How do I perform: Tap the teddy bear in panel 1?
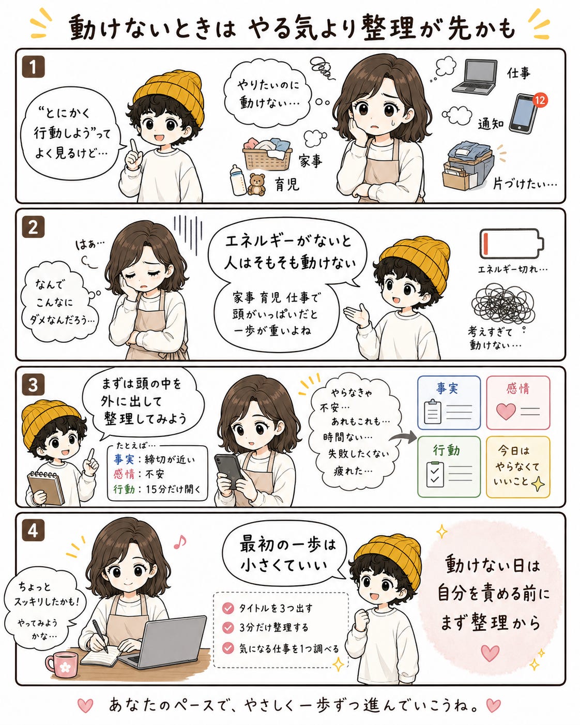pyautogui.click(x=256, y=185)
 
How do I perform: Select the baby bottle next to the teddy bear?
pyautogui.click(x=238, y=179)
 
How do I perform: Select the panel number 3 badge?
pyautogui.click(x=33, y=385)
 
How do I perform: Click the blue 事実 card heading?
pyautogui.click(x=447, y=388)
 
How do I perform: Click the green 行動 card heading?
pyautogui.click(x=447, y=450)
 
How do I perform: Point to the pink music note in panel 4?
pyautogui.click(x=179, y=542)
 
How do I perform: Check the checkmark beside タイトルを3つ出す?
pyautogui.click(x=228, y=608)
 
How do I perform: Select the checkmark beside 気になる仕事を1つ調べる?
pyautogui.click(x=228, y=648)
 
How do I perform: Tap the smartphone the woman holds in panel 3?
pyautogui.click(x=228, y=470)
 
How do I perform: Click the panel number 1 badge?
pyautogui.click(x=33, y=67)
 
